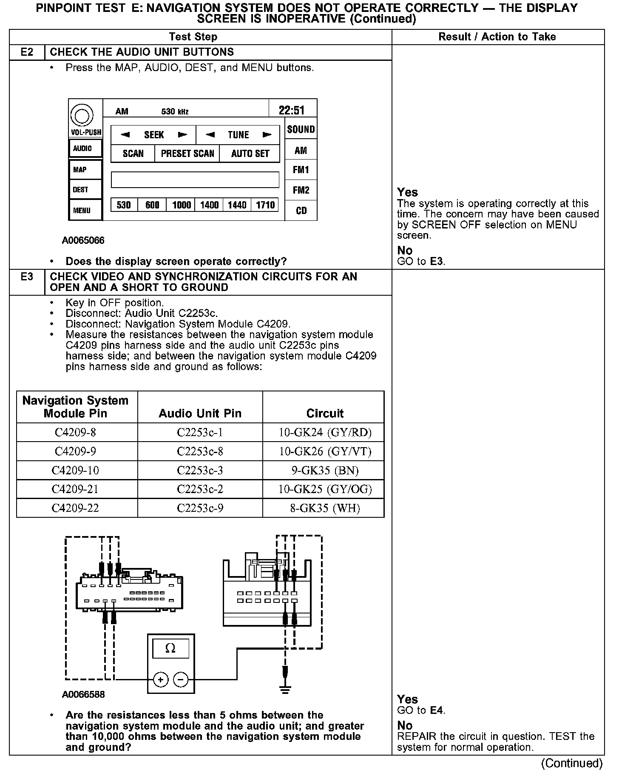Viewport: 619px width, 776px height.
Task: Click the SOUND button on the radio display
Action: click(x=301, y=129)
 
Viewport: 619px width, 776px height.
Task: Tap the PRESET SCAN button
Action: click(x=187, y=154)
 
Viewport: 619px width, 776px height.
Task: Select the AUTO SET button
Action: click(x=250, y=154)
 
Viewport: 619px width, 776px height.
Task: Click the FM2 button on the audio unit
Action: click(x=301, y=190)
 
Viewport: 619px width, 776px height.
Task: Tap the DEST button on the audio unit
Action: click(x=81, y=190)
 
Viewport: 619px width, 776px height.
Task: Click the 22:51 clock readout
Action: click(x=292, y=111)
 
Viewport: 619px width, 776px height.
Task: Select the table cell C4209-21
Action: click(x=75, y=489)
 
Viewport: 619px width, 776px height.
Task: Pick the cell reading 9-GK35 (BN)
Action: click(x=325, y=471)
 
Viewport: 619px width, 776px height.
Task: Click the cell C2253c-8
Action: click(x=200, y=451)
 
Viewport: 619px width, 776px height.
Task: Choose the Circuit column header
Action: click(x=325, y=413)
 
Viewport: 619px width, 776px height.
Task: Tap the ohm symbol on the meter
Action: click(x=170, y=649)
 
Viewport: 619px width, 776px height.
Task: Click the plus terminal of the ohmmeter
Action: click(x=161, y=680)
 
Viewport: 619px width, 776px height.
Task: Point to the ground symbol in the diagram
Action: click(x=286, y=690)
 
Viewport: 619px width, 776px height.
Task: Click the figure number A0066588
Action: click(x=83, y=695)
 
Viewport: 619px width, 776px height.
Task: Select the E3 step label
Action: click(x=27, y=277)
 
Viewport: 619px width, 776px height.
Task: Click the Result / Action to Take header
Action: click(x=497, y=37)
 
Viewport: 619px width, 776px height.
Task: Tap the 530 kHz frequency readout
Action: click(x=175, y=112)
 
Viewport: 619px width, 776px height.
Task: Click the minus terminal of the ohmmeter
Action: click(x=181, y=680)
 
